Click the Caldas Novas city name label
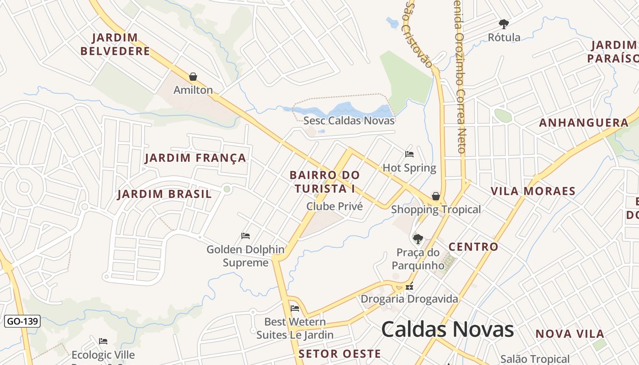(447, 329)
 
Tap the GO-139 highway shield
(22, 321)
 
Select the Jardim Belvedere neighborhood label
(115, 44)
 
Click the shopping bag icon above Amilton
(193, 76)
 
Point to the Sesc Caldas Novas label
(349, 121)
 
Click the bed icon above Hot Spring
(409, 154)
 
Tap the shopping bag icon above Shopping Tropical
(436, 196)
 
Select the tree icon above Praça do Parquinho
(418, 238)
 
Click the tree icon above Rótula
(504, 24)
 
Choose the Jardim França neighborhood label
(195, 158)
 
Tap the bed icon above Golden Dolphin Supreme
(246, 236)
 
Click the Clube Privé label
(335, 206)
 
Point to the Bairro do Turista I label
(325, 182)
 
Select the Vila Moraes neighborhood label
(533, 191)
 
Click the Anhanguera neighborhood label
(584, 123)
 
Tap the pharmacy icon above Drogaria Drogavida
(409, 287)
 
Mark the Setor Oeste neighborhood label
(340, 354)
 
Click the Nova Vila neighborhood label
(570, 334)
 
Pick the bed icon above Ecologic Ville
(103, 341)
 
